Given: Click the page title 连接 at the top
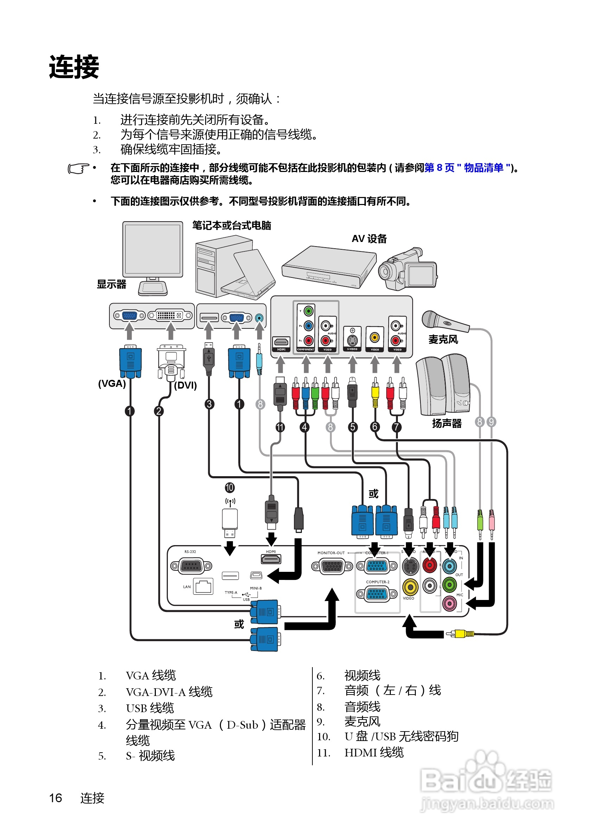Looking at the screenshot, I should pyautogui.click(x=74, y=67).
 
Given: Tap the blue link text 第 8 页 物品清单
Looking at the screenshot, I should pyautogui.click(x=467, y=168).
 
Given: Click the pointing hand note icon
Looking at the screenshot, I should pyautogui.click(x=78, y=168).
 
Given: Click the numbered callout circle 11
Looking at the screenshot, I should pyautogui.click(x=280, y=427).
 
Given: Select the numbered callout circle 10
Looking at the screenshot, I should pyautogui.click(x=229, y=487).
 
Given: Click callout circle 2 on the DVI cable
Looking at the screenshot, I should pyautogui.click(x=158, y=411).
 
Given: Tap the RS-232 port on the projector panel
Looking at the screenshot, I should pyautogui.click(x=191, y=566).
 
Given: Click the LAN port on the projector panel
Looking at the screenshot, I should pyautogui.click(x=203, y=587).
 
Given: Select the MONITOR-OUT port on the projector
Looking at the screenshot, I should pyautogui.click(x=332, y=566).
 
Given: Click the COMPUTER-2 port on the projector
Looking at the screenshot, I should pyautogui.click(x=377, y=594).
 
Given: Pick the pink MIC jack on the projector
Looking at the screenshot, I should pyautogui.click(x=449, y=604).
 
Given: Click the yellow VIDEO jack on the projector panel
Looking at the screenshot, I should pyautogui.click(x=410, y=587).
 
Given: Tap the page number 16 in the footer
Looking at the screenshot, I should pyautogui.click(x=56, y=798).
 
